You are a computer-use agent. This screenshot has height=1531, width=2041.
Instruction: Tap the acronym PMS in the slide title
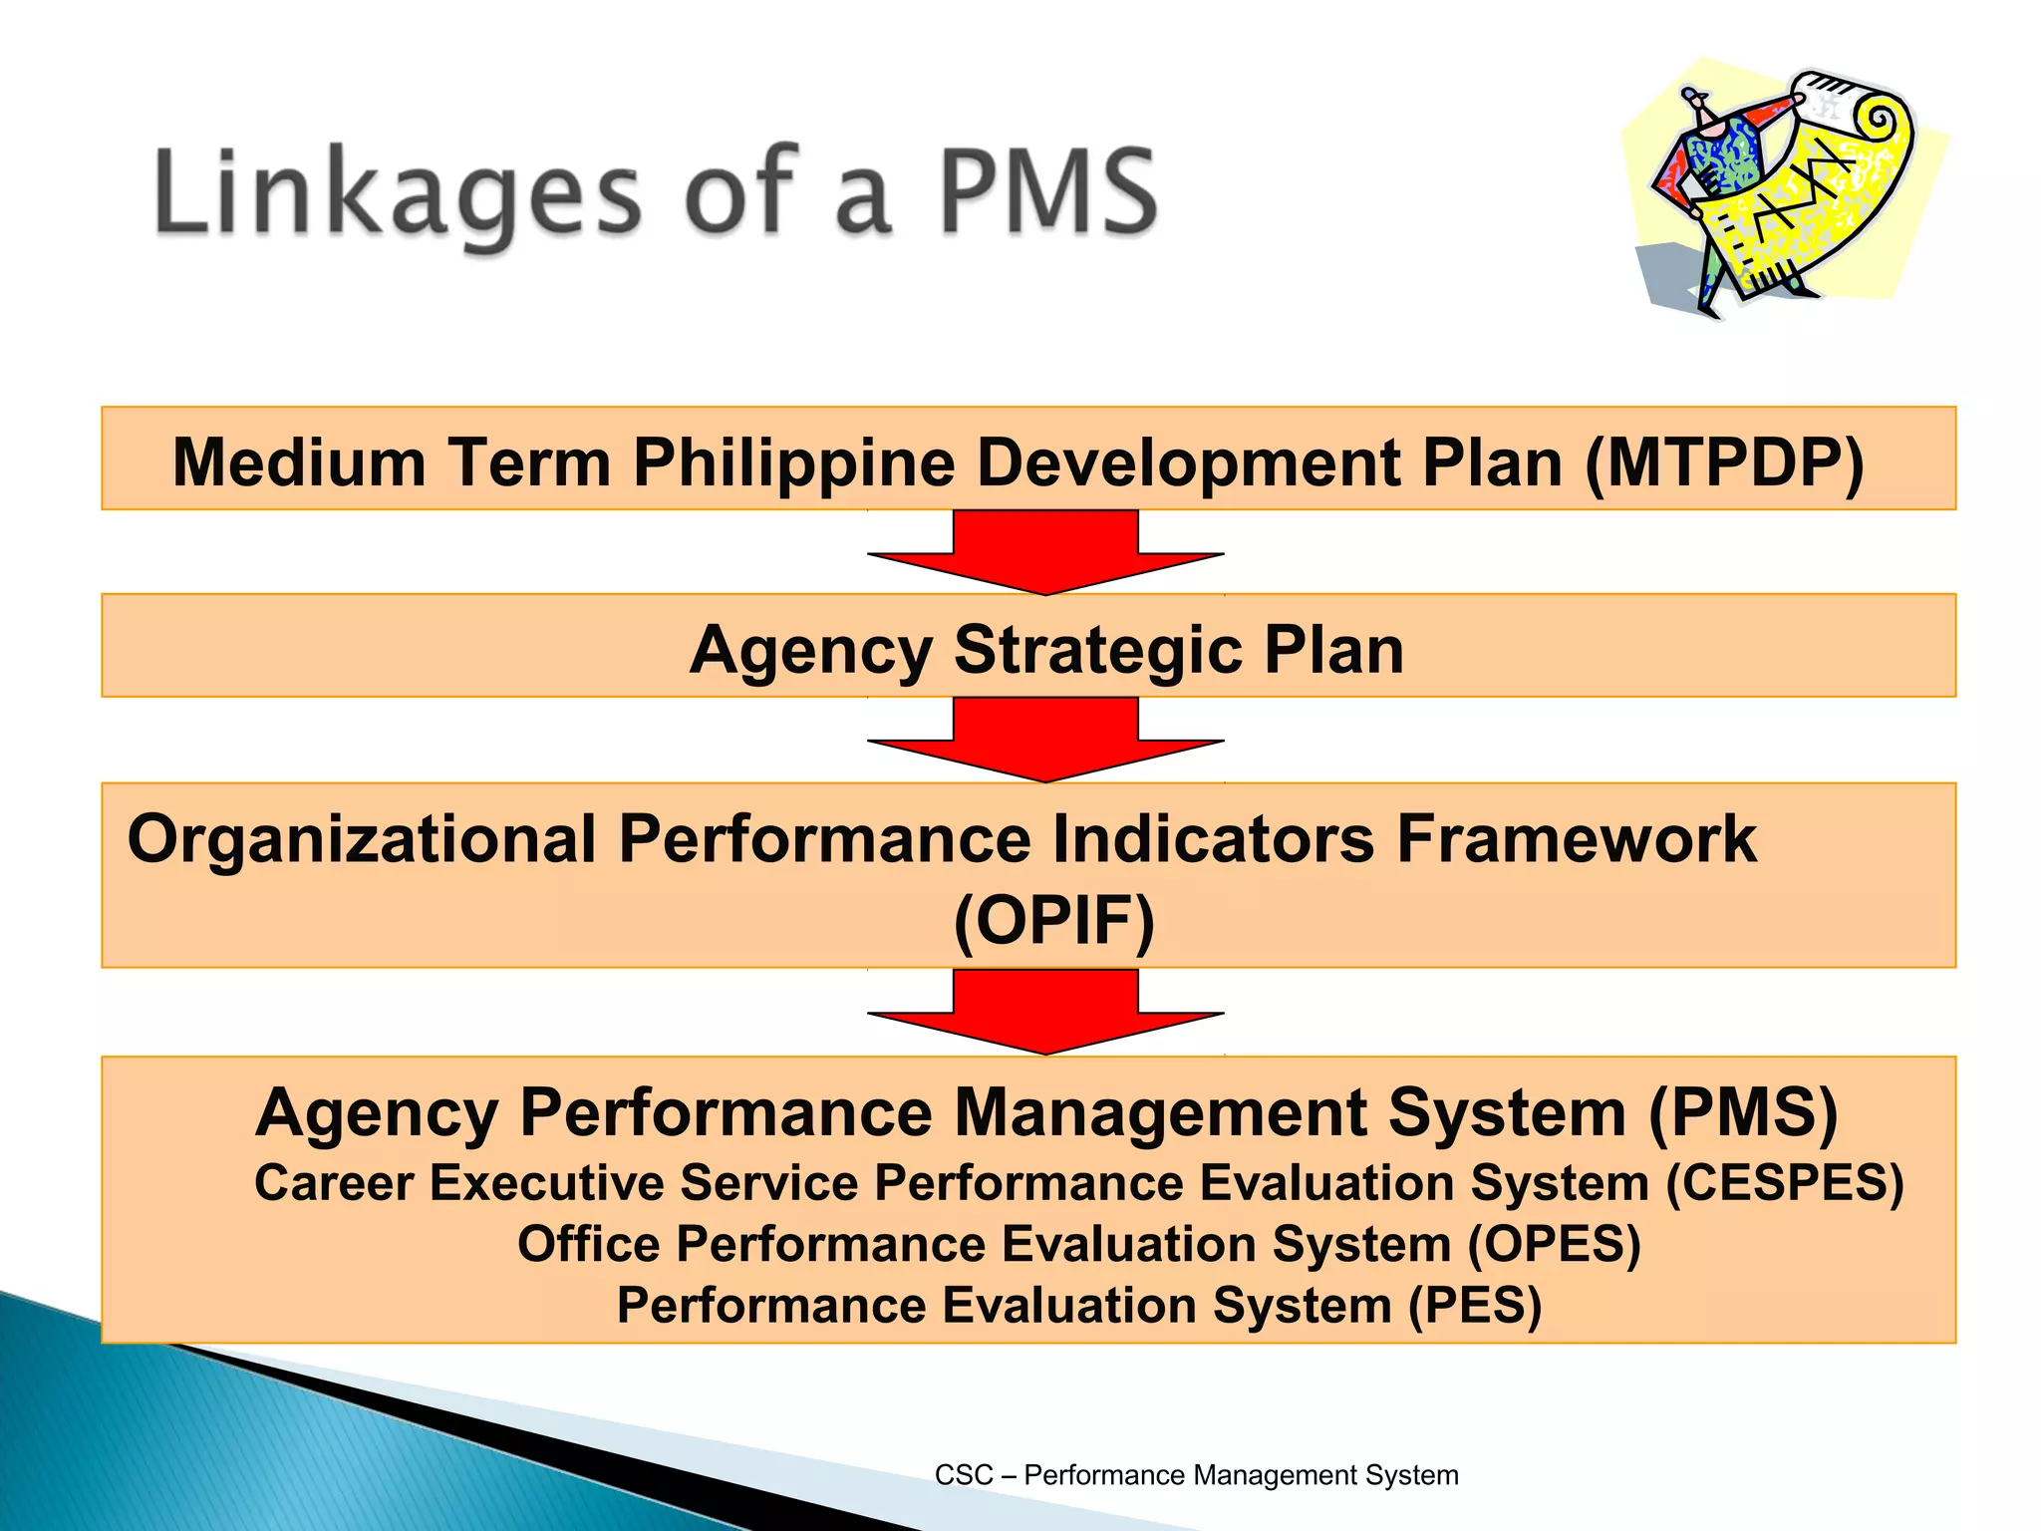[x=1048, y=191]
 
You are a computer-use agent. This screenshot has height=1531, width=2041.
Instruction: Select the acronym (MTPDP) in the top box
[x=1724, y=462]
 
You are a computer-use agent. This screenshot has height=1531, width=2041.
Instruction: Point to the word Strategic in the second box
[x=1097, y=650]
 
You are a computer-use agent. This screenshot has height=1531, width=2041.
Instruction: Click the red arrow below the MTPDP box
[x=1045, y=552]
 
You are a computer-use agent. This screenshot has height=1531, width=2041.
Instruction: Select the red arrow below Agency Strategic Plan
[x=1045, y=740]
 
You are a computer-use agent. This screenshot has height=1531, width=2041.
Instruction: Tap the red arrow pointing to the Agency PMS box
[x=1045, y=1012]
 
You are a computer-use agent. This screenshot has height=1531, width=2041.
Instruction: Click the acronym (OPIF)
[x=1054, y=920]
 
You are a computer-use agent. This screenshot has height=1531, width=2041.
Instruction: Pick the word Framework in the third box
[x=1576, y=839]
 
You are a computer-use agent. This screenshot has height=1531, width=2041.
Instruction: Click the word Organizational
[x=362, y=839]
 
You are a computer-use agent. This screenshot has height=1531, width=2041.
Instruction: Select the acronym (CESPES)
[x=1785, y=1183]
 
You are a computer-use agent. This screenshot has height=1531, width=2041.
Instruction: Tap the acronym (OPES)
[x=1554, y=1245]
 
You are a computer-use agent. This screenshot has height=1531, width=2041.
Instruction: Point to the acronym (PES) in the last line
[x=1475, y=1306]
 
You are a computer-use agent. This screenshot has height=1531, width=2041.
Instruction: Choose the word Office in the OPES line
[x=588, y=1245]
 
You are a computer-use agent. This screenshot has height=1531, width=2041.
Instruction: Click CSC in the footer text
[x=963, y=1475]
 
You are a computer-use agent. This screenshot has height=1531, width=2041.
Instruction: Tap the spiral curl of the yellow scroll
[x=1880, y=122]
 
